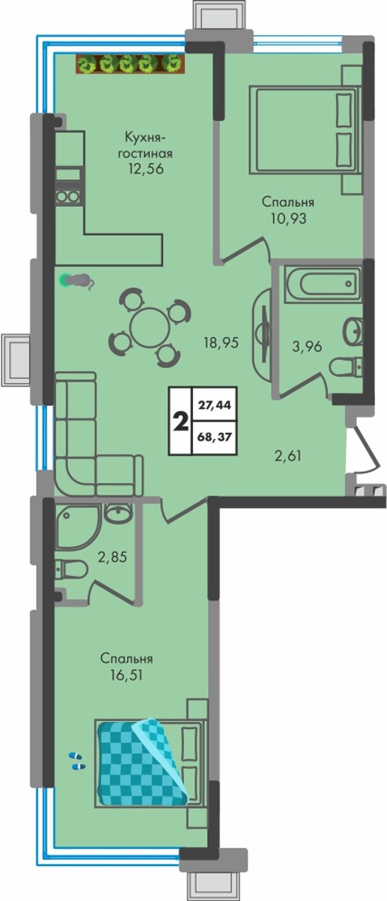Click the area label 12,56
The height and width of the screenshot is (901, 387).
[146, 168]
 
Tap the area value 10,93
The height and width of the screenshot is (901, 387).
[288, 218]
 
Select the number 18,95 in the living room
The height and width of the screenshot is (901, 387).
[221, 343]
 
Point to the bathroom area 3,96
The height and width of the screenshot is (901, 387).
[306, 346]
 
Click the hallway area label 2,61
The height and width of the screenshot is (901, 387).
[288, 456]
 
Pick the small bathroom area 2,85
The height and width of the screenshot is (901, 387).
[112, 557]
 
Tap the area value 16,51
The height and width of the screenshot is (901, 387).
[126, 674]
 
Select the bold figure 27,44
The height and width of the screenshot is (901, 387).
[214, 405]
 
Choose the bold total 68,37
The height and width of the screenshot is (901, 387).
[214, 436]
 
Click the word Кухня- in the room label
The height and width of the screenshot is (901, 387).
[145, 137]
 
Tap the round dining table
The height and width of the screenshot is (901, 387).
[150, 327]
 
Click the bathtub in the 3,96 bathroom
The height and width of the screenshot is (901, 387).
[322, 283]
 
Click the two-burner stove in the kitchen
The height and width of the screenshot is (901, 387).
[68, 197]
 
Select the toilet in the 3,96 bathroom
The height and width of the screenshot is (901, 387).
[346, 367]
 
